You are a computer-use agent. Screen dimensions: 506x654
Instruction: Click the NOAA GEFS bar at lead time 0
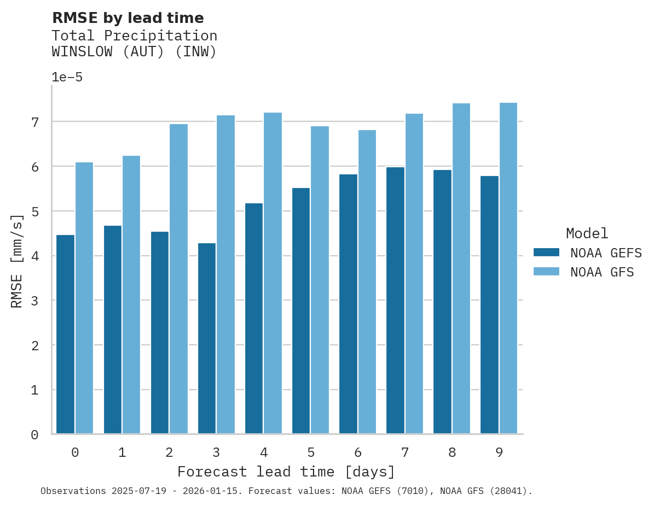pyautogui.click(x=65, y=334)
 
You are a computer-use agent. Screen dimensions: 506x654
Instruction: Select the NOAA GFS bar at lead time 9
pyautogui.click(x=508, y=268)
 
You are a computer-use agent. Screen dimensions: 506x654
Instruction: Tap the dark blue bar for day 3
pyautogui.click(x=206, y=338)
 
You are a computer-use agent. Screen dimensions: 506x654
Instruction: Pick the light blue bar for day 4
pyautogui.click(x=273, y=273)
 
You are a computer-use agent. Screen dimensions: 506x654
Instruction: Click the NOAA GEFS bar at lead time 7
pyautogui.click(x=395, y=301)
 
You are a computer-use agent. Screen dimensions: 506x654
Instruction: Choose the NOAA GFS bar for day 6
pyautogui.click(x=367, y=282)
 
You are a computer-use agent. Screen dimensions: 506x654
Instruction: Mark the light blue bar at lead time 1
pyautogui.click(x=131, y=295)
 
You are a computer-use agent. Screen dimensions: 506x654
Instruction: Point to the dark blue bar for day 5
pyautogui.click(x=301, y=311)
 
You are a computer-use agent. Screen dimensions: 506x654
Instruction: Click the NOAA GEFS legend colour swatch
pyautogui.click(x=546, y=252)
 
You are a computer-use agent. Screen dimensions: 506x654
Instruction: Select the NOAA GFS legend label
pyautogui.click(x=602, y=272)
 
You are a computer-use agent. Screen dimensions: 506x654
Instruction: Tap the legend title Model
pyautogui.click(x=587, y=233)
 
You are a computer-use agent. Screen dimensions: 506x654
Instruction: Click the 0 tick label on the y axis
pyautogui.click(x=34, y=435)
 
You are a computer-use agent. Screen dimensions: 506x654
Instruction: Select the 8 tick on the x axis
pyautogui.click(x=452, y=452)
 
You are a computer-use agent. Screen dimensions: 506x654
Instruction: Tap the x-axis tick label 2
pyautogui.click(x=169, y=452)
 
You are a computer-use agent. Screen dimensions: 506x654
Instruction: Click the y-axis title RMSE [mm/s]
pyautogui.click(x=18, y=261)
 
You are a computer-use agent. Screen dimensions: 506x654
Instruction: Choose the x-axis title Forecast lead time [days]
pyautogui.click(x=286, y=472)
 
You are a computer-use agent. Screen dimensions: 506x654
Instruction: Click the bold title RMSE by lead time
pyautogui.click(x=128, y=18)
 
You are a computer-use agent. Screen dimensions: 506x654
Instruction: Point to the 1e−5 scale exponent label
pyautogui.click(x=67, y=77)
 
